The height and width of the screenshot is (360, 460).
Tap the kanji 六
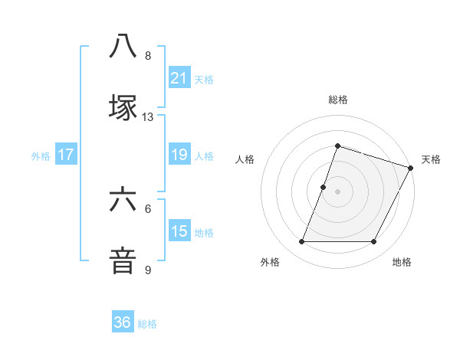click(123, 201)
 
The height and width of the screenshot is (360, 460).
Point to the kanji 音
click(123, 260)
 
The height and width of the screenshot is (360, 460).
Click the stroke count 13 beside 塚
click(148, 117)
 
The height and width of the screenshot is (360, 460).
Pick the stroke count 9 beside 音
click(148, 270)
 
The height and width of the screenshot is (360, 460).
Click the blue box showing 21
click(179, 77)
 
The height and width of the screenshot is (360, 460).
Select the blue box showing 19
click(179, 155)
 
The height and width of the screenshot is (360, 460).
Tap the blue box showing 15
click(179, 231)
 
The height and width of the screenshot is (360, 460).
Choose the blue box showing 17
click(66, 155)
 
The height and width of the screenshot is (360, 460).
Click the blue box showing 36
click(123, 322)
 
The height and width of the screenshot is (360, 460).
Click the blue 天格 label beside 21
click(204, 79)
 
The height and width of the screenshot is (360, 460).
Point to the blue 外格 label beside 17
click(41, 155)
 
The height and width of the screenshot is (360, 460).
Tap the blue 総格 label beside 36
click(147, 324)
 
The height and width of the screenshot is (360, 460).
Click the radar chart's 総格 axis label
click(337, 100)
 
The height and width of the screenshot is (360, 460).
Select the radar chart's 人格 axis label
click(245, 159)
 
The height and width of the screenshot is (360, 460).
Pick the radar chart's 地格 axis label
click(402, 262)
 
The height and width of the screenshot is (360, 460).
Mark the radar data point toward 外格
click(301, 242)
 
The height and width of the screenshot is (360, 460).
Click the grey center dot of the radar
click(337, 191)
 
